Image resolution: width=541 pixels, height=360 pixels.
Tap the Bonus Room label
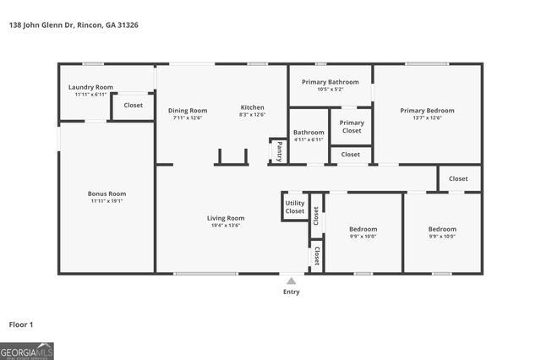coord(107,194)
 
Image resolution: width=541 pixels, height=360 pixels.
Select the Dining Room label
coord(187,110)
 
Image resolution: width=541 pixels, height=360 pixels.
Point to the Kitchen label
coord(252,107)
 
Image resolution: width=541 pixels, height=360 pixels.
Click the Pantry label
coord(279,151)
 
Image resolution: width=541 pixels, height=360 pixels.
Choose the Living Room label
coord(226,218)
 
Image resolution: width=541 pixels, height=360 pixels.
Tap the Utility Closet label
coord(295,206)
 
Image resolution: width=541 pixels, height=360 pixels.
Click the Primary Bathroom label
coord(331,82)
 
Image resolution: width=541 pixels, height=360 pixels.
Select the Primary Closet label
coord(352,127)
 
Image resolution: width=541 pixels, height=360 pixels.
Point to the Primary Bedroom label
coord(427,110)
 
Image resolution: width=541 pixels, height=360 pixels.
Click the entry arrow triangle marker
coord(291,281)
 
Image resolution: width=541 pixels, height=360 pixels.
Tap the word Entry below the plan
coord(291,292)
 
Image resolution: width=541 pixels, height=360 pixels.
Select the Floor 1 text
coord(21,325)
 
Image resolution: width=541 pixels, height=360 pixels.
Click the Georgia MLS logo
coord(27,351)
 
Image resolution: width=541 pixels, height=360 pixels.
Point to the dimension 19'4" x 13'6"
coord(226,226)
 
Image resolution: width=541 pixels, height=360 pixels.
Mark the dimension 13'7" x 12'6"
coord(427,117)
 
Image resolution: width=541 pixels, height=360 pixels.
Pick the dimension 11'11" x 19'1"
coord(107,201)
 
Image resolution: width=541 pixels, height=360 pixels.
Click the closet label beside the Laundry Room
coord(133,106)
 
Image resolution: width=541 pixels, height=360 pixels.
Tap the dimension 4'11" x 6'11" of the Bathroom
coord(309,139)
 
